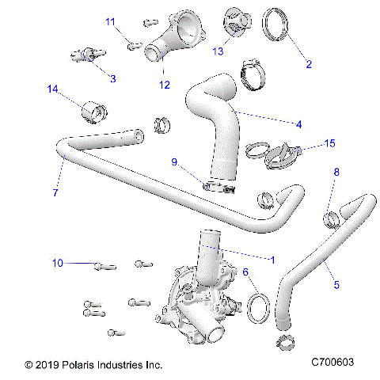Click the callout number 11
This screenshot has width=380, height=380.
click(110, 21)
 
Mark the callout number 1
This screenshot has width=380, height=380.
click(273, 258)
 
